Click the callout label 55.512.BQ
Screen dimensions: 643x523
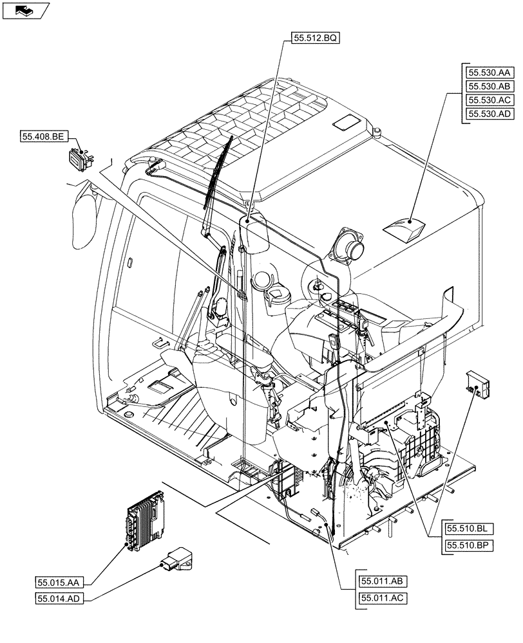coord(315,38)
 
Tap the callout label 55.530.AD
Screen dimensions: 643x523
coord(489,114)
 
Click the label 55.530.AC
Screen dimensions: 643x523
coord(489,100)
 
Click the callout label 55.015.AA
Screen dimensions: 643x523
coord(57,582)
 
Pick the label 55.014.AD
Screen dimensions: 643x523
coord(57,599)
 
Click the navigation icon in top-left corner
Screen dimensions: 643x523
coord(25,10)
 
